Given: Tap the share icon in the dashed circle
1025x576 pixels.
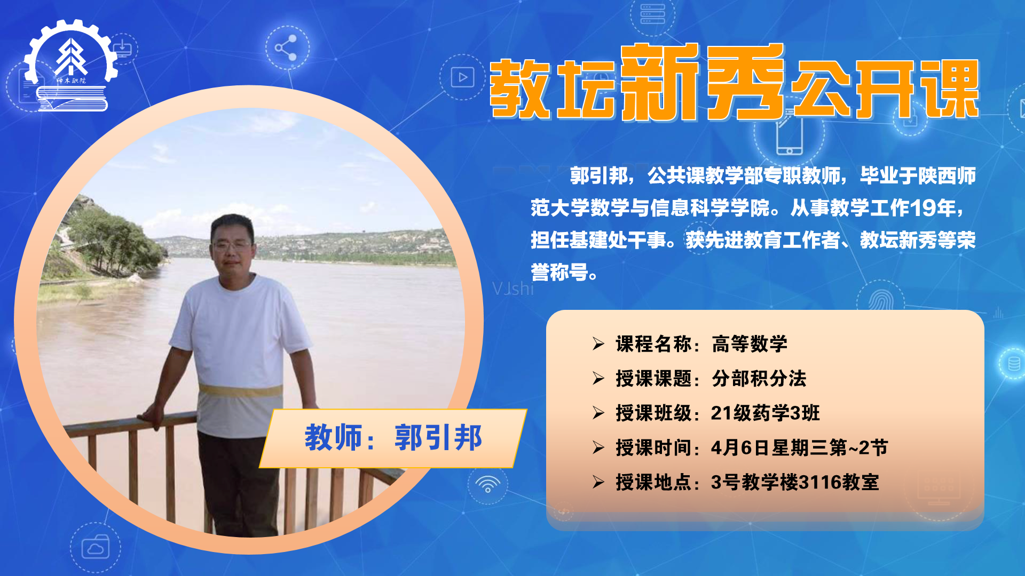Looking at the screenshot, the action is pos(286,48).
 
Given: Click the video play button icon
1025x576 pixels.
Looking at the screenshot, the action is pos(462,77).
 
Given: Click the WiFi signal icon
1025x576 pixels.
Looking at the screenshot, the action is pos(487,484).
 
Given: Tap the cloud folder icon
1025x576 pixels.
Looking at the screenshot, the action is pos(96,547).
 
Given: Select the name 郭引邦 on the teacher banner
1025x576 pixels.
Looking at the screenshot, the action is pos(438,438).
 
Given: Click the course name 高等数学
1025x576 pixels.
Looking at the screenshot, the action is pos(750,344).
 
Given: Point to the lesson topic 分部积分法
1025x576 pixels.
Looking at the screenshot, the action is pos(759,379).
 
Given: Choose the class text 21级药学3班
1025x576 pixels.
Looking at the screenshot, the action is pos(765,413).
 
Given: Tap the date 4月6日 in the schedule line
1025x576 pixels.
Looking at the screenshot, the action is pos(740,447).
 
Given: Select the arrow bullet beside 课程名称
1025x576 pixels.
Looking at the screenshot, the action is pos(598,344).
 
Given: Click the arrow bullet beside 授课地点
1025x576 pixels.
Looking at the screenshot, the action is pos(598,482).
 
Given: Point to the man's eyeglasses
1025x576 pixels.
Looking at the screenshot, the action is pos(232,246).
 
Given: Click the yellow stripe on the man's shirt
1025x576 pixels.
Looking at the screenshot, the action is pos(241,391).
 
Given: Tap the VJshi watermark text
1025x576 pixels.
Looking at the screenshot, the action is pos(513,289).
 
